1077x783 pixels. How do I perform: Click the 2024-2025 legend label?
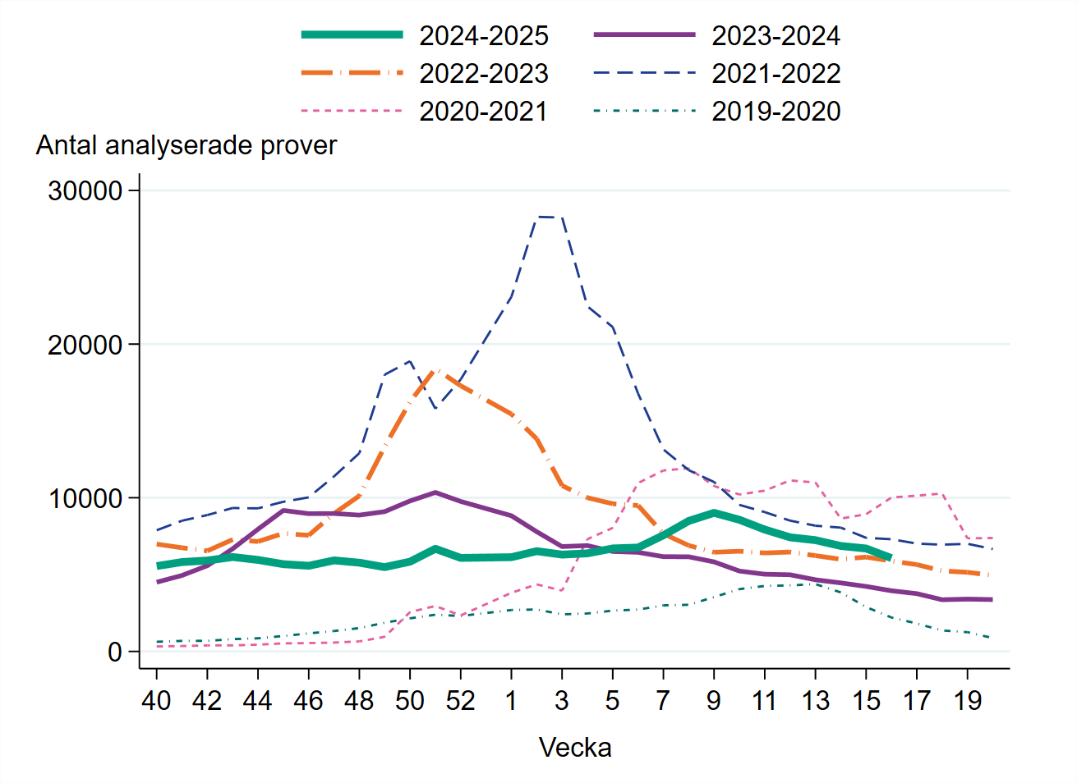click(x=483, y=36)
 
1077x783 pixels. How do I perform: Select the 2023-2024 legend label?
click(x=776, y=36)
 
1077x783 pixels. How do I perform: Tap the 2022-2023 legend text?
click(x=483, y=74)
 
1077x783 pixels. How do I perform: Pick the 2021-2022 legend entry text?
click(x=776, y=74)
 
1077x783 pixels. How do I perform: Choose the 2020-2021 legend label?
click(x=483, y=112)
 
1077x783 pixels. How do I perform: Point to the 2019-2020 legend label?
click(x=776, y=112)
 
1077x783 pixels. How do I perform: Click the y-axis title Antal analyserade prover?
click(x=186, y=145)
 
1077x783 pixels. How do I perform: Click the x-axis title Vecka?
click(x=575, y=748)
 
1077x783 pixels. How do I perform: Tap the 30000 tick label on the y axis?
click(x=85, y=190)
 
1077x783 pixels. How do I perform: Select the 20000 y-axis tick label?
click(x=85, y=345)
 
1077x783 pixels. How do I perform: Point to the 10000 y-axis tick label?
click(x=85, y=498)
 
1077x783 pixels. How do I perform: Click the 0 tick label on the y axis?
click(x=114, y=652)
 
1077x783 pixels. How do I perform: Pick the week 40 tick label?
click(x=156, y=700)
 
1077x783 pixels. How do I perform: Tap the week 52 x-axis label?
click(x=461, y=700)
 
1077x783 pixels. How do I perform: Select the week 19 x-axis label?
click(x=968, y=700)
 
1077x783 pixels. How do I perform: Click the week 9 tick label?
click(x=714, y=700)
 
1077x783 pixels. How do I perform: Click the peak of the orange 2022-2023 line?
click(x=436, y=370)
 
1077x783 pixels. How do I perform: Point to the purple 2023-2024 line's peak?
click(x=435, y=492)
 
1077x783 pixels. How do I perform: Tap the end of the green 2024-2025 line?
click(x=891, y=558)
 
